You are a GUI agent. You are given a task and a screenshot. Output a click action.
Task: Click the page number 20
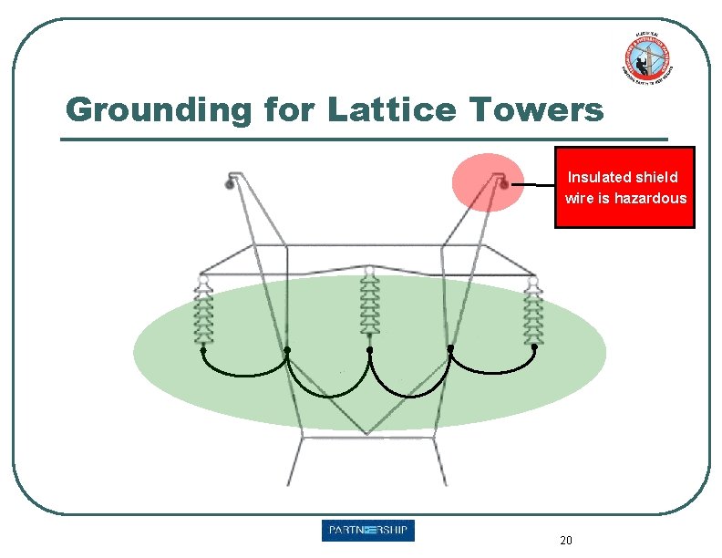point(566,541)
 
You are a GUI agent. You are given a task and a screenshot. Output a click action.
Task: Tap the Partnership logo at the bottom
point(367,531)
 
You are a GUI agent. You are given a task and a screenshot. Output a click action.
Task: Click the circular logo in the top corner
point(646,57)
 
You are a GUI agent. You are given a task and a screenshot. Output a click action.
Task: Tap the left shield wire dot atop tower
point(230,184)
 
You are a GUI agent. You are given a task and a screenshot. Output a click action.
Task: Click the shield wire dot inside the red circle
point(504,184)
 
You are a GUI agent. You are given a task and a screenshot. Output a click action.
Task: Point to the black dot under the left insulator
point(202,349)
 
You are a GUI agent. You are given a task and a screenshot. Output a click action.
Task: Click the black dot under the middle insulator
point(369,349)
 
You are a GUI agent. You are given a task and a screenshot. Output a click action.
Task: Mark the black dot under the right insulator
point(534,347)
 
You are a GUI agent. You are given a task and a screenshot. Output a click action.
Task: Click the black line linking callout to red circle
point(533,185)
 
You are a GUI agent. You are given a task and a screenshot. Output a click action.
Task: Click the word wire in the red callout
point(579,198)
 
